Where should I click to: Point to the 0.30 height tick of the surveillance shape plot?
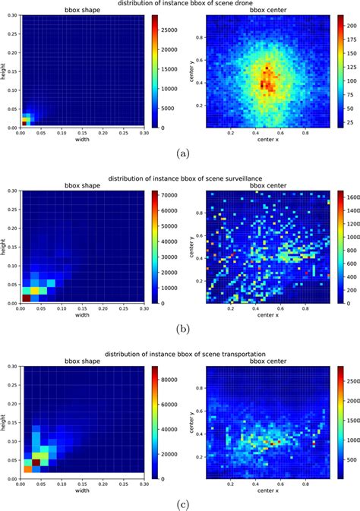[11, 188]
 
